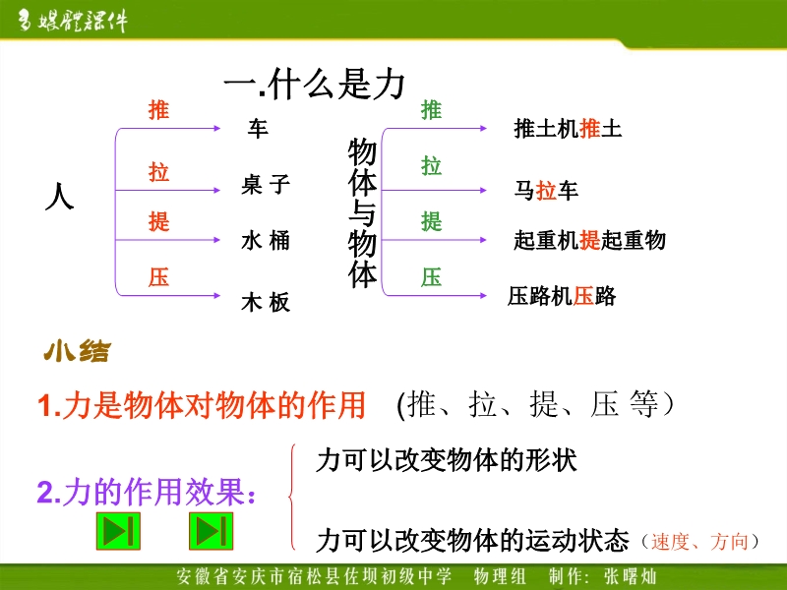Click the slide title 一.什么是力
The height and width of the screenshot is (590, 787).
[x=314, y=85]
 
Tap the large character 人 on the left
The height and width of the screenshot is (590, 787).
[x=60, y=196]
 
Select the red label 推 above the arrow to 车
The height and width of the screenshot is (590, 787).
[x=158, y=110]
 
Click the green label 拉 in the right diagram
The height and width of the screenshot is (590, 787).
[x=431, y=166]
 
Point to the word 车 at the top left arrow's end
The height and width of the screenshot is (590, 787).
[x=258, y=129]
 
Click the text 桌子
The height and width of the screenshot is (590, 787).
[x=266, y=184]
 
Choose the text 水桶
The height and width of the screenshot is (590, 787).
[x=266, y=240]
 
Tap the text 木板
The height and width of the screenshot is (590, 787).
[x=266, y=302]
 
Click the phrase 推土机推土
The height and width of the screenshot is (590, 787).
[x=568, y=129]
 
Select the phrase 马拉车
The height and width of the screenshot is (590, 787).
[x=546, y=191]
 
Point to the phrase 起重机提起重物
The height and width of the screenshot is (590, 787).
[x=589, y=240]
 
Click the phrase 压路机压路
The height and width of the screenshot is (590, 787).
[x=562, y=296]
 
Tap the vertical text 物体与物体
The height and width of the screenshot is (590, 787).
[x=362, y=212]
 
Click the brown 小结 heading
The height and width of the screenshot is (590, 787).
[x=77, y=351]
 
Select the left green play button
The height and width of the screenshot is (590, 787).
[x=118, y=531]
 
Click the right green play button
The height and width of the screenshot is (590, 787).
[x=212, y=531]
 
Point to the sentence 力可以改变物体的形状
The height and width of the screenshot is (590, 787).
[x=447, y=459]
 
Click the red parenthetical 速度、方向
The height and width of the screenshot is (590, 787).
[x=700, y=542]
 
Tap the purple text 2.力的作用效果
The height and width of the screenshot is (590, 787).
[x=147, y=492]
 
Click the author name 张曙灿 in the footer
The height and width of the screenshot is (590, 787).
[x=631, y=576]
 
